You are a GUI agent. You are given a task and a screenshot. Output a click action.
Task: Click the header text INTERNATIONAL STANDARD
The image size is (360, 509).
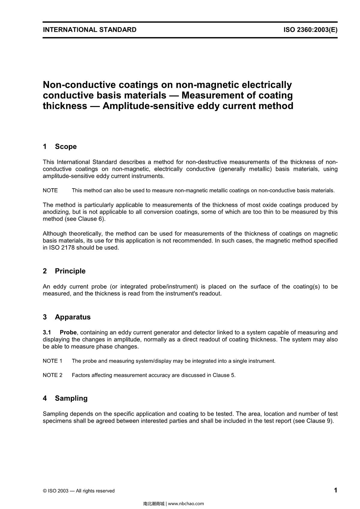point(89,30)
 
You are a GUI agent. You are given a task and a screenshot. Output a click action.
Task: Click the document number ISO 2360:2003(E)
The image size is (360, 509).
point(310,30)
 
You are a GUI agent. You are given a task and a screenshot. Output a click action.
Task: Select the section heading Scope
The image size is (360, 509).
point(66,147)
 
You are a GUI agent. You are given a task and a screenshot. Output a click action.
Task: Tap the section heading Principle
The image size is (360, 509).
point(70,271)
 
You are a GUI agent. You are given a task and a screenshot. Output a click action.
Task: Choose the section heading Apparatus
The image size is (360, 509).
point(73,317)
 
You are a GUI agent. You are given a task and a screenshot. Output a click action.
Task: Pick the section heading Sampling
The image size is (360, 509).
point(71,398)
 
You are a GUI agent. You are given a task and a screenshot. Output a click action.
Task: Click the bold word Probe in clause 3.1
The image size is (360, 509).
point(68,332)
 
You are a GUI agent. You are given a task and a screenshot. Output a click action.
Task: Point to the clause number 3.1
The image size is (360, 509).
point(47,332)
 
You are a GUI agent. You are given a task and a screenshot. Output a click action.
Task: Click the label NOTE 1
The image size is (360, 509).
point(52,361)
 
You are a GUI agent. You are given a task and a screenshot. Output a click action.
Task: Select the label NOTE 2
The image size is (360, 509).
point(52,375)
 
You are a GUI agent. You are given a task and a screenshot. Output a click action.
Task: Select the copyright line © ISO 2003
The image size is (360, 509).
point(79,491)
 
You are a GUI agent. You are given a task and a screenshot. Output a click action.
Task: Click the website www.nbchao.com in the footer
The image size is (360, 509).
point(186,504)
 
